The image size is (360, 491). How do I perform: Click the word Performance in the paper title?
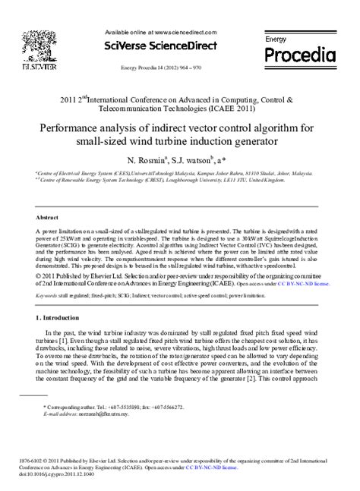coord(86,128)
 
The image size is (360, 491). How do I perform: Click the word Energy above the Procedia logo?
coord(276,38)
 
